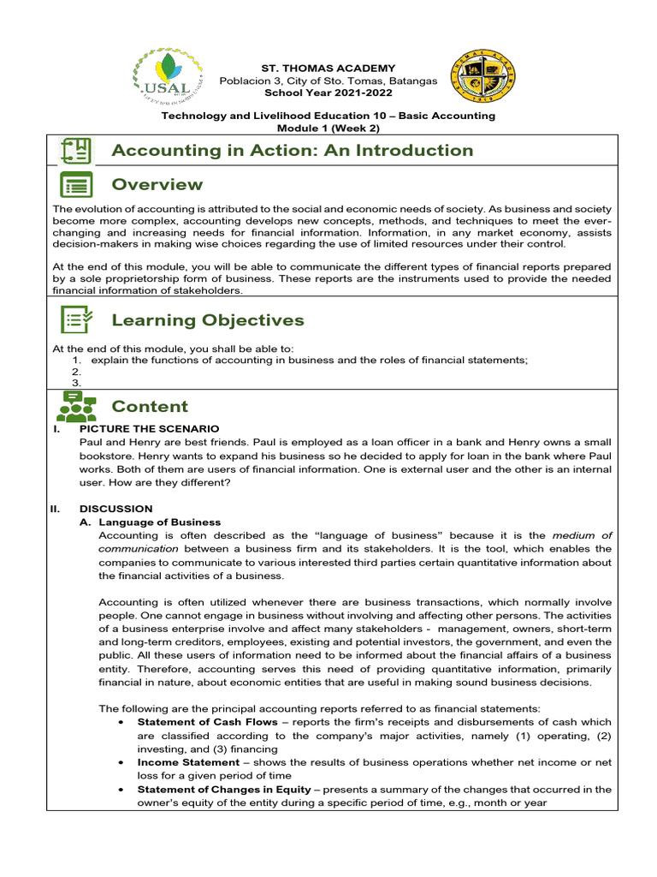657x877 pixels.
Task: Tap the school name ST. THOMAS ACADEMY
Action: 328,69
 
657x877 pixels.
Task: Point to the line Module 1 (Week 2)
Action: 328,128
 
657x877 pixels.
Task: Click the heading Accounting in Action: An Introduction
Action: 292,151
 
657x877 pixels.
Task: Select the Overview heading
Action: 157,185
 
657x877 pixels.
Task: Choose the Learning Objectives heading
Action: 208,320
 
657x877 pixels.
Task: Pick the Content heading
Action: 150,407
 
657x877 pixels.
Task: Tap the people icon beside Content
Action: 76,407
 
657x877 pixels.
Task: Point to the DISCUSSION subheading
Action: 115,509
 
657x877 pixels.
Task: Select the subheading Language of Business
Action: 159,522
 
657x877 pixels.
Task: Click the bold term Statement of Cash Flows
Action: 207,722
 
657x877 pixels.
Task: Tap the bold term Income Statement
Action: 188,762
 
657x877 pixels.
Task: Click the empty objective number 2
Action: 76,372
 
